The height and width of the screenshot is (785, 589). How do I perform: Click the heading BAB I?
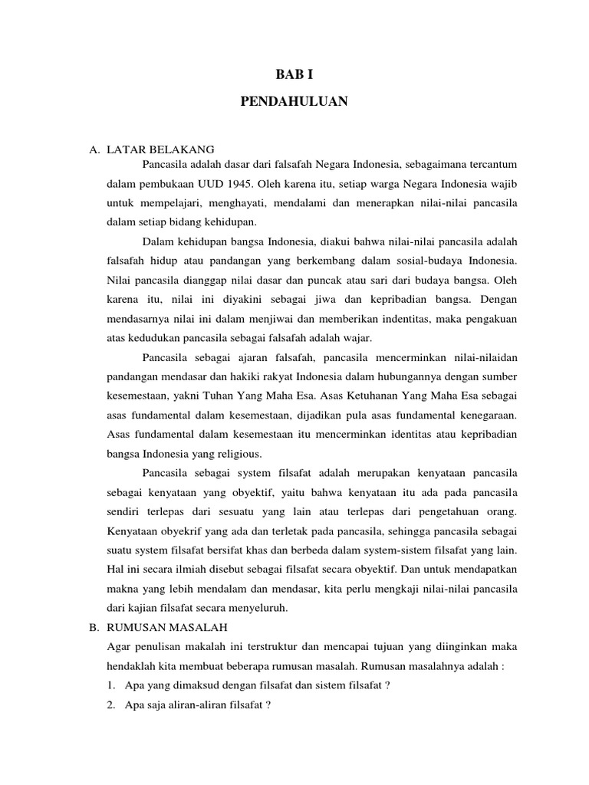pos(294,74)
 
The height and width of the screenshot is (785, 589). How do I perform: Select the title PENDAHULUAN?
pos(294,100)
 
